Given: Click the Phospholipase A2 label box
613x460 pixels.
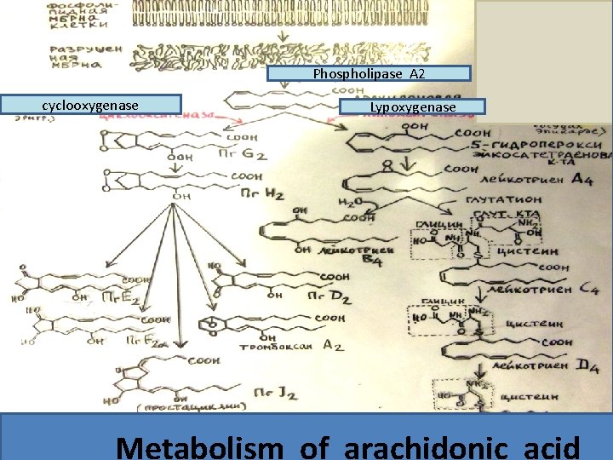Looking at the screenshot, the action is pos(369,74).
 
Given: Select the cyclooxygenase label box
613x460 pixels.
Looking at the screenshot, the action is pos(91,105).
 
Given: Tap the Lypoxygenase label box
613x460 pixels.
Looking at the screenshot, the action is pos(413,107).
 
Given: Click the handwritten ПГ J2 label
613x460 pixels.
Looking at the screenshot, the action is pos(277,391).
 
